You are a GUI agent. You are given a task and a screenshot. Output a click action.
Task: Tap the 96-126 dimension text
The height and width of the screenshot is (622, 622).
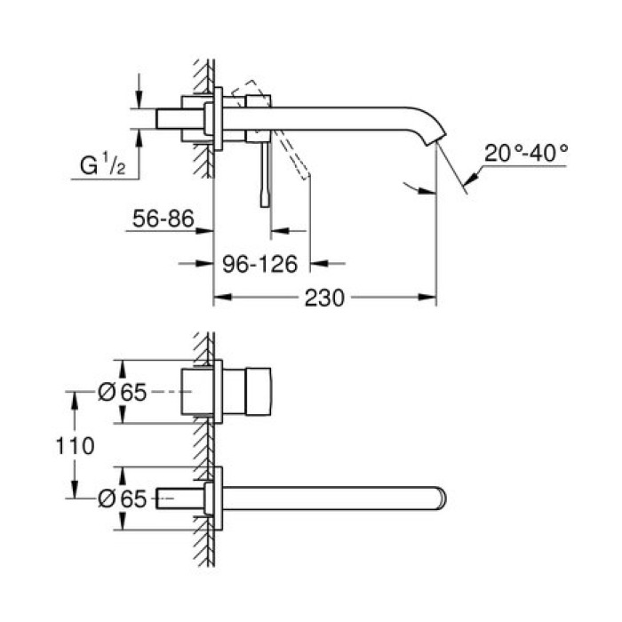pyautogui.click(x=265, y=263)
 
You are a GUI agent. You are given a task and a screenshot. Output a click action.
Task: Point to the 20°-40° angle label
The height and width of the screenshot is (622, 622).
pyautogui.click(x=526, y=153)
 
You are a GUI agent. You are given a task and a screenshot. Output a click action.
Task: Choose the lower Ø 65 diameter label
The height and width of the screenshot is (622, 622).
pyautogui.click(x=121, y=498)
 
